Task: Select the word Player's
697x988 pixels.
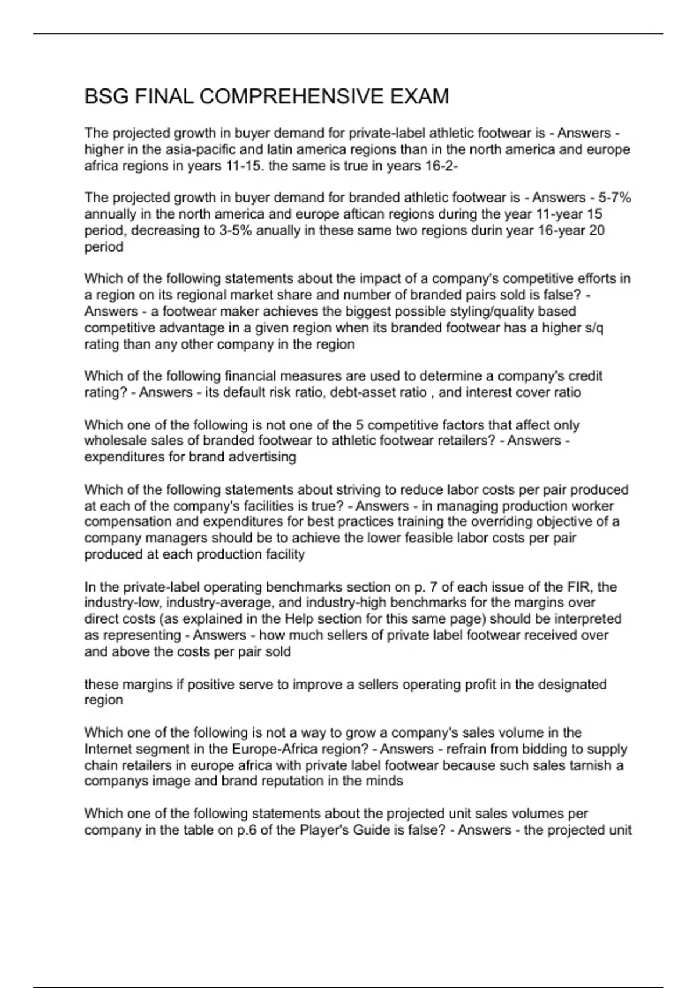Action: (x=321, y=830)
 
